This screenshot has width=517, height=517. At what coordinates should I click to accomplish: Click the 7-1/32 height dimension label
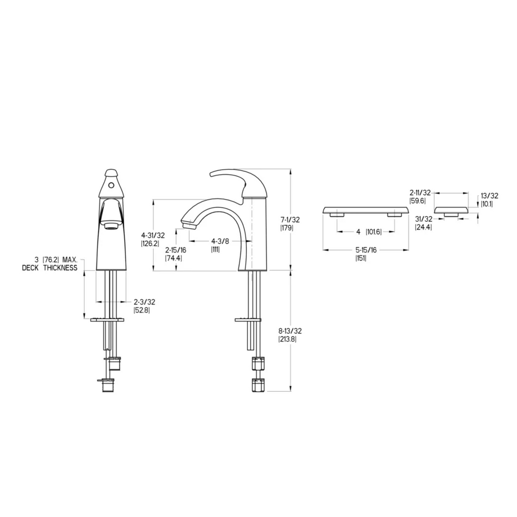[290, 219]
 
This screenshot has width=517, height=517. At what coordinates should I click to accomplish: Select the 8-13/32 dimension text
[290, 331]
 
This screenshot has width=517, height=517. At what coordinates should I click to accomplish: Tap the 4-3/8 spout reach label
[220, 241]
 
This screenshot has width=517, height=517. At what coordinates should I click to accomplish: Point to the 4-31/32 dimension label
[153, 235]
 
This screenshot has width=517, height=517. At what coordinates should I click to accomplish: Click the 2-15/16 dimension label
[175, 250]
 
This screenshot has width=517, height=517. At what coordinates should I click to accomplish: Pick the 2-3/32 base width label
[144, 302]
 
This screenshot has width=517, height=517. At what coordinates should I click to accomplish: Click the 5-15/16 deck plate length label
[366, 250]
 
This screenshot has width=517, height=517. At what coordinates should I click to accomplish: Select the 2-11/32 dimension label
[420, 192]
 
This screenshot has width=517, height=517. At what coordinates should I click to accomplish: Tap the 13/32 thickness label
[489, 196]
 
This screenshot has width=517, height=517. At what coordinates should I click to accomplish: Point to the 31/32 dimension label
[424, 219]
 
